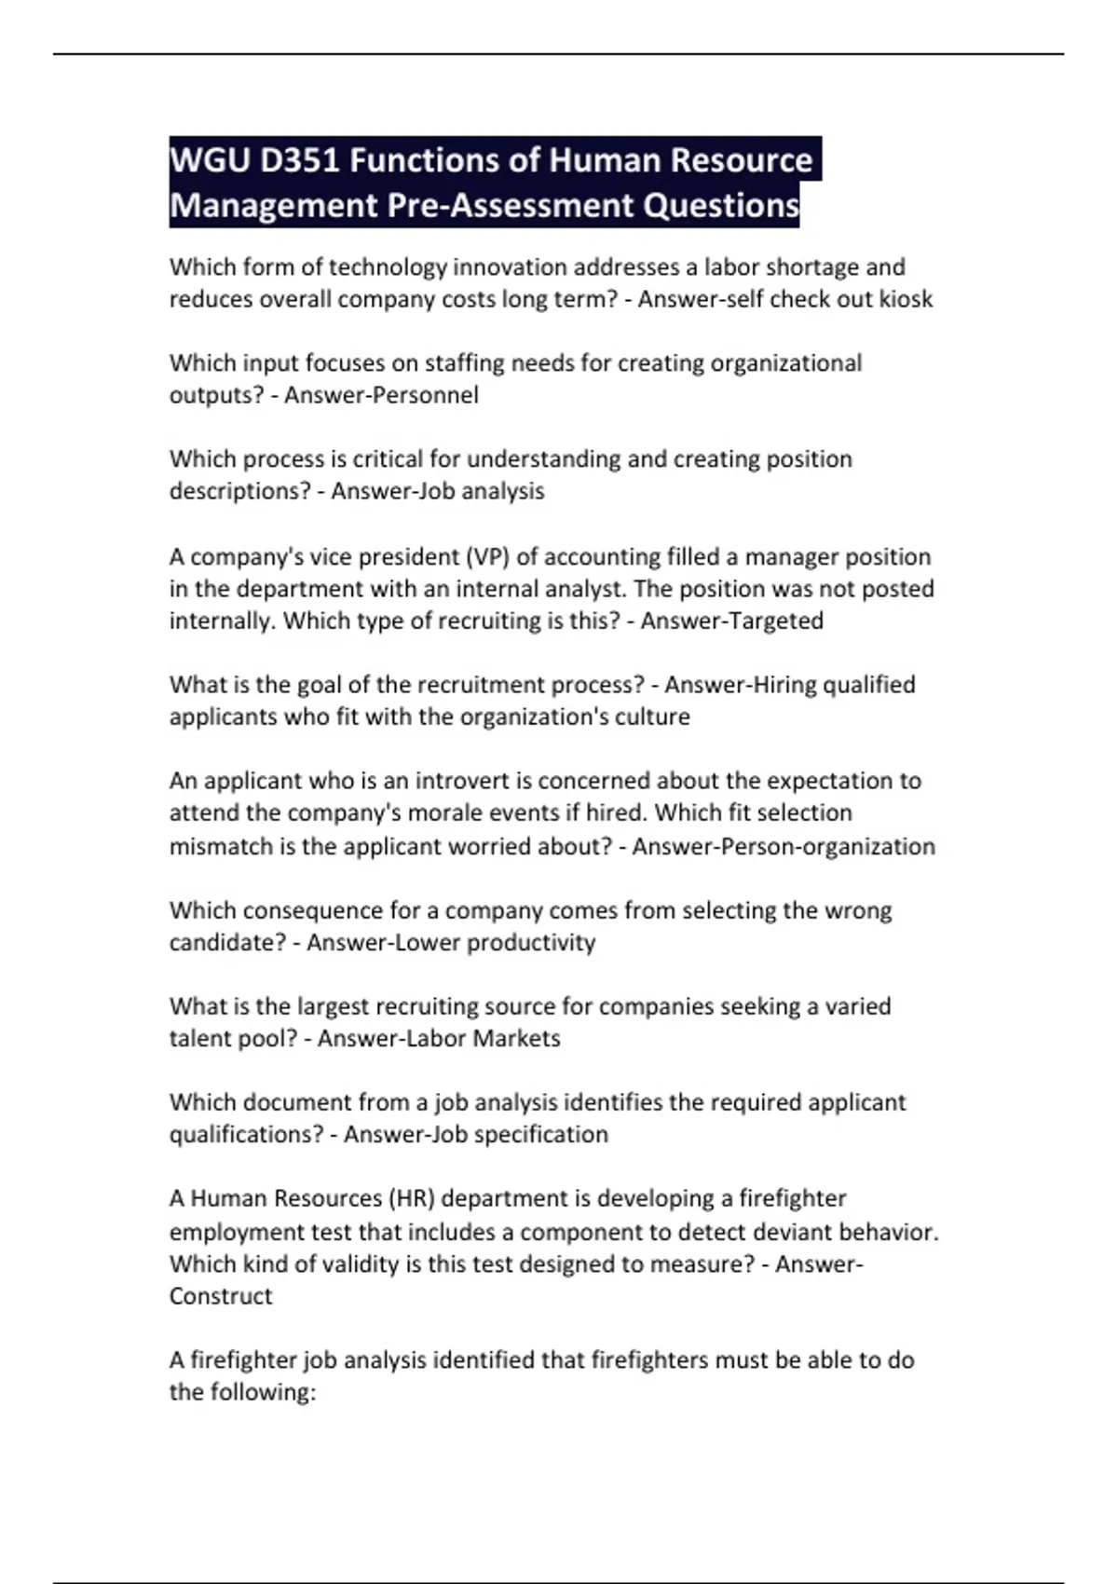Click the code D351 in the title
(x=299, y=161)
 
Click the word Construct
(x=221, y=1297)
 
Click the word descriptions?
(x=239, y=491)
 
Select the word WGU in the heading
(x=211, y=161)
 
